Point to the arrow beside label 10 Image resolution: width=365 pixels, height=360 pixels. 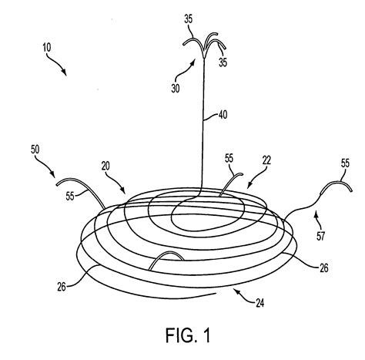point(59,66)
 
